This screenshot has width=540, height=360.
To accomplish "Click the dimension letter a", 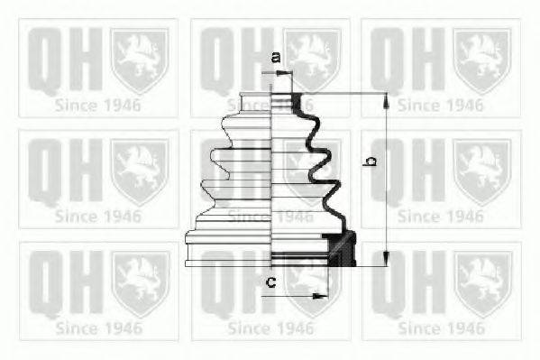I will tap(276, 59).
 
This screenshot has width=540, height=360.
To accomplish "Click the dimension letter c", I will tap(270, 283).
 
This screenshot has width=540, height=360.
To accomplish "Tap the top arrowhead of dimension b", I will tap(385, 97).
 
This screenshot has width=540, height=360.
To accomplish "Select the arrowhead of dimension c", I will tap(323, 294).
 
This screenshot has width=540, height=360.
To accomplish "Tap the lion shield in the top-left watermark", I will tap(140, 59).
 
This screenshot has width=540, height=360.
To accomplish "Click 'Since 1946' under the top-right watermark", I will tap(441, 105).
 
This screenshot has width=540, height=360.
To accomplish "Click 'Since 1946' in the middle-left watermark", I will tap(98, 216).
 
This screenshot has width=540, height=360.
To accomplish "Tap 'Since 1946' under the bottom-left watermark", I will tap(98, 328).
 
